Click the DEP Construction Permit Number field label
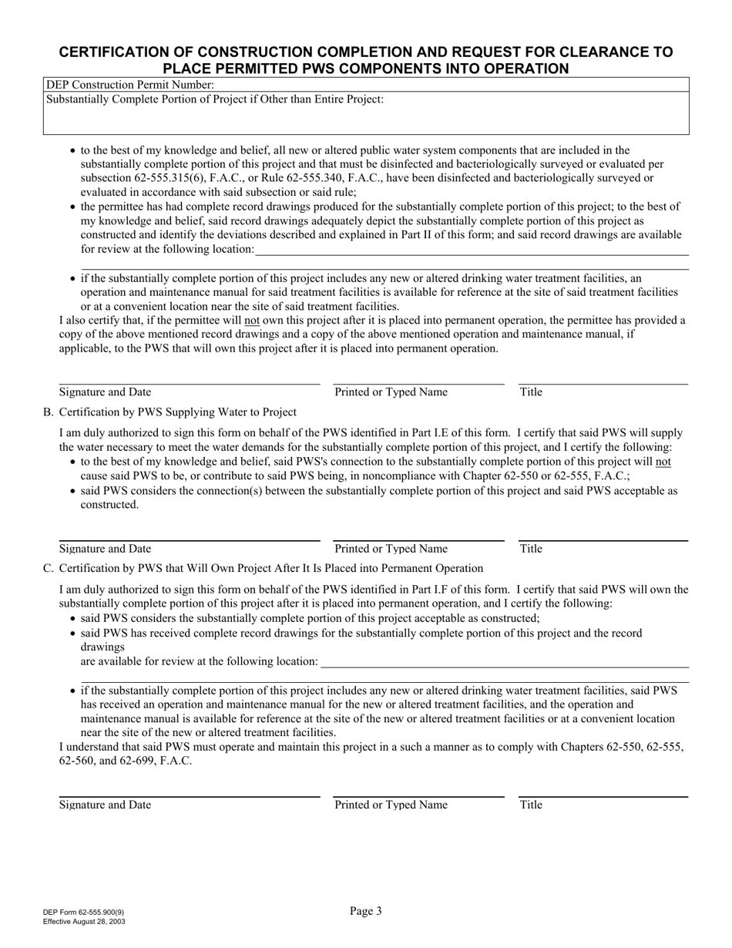(130, 85)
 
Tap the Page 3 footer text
(365, 911)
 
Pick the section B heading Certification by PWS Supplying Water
(177, 412)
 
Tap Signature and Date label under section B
(105, 549)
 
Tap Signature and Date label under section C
(105, 805)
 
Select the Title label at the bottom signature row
(531, 805)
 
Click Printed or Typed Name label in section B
(391, 549)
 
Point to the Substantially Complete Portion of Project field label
(215, 99)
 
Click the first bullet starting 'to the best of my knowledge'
(73, 151)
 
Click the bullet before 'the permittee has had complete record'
(73, 207)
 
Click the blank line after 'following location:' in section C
(504, 662)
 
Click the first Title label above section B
(531, 392)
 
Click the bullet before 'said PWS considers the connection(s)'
(73, 491)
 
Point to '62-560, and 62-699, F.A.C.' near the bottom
(126, 761)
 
